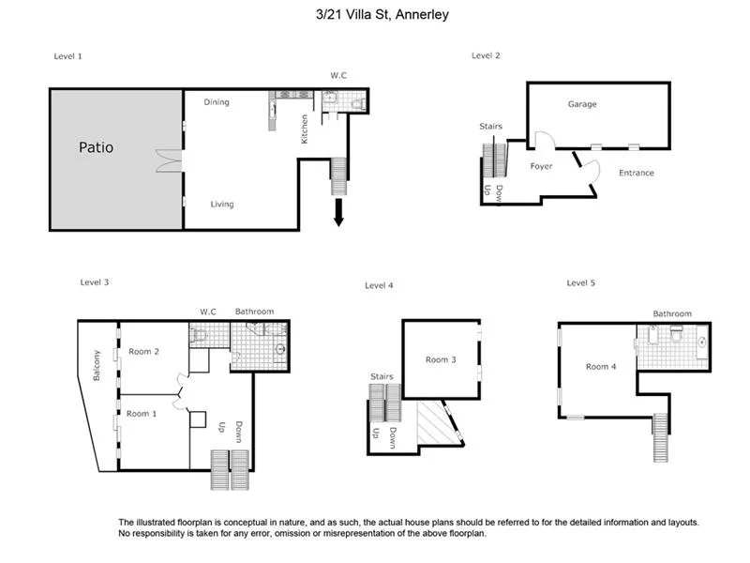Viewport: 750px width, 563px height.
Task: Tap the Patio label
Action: pos(96,147)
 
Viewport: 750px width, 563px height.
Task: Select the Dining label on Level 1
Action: pos(217,102)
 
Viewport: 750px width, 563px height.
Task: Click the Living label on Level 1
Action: pos(222,205)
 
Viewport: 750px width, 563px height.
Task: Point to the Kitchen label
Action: pos(304,129)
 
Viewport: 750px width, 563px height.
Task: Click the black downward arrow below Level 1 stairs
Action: pos(337,214)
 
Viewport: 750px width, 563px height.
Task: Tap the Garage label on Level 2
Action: pos(582,104)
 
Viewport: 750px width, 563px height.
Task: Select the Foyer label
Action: pos(541,166)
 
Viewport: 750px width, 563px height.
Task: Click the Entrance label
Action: pos(637,173)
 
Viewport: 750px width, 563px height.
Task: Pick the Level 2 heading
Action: pos(486,56)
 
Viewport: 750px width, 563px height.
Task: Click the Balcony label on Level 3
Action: pos(97,365)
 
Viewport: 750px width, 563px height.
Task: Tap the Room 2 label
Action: pos(143,352)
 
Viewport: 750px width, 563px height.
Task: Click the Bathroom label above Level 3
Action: pos(253,311)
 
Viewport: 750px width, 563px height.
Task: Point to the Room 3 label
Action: pos(441,359)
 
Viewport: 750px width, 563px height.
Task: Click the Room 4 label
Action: pos(601,367)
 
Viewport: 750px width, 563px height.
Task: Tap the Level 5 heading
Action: pos(581,282)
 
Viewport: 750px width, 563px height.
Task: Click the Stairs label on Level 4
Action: pos(382,376)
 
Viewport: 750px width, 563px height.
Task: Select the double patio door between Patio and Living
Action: pos(167,160)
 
